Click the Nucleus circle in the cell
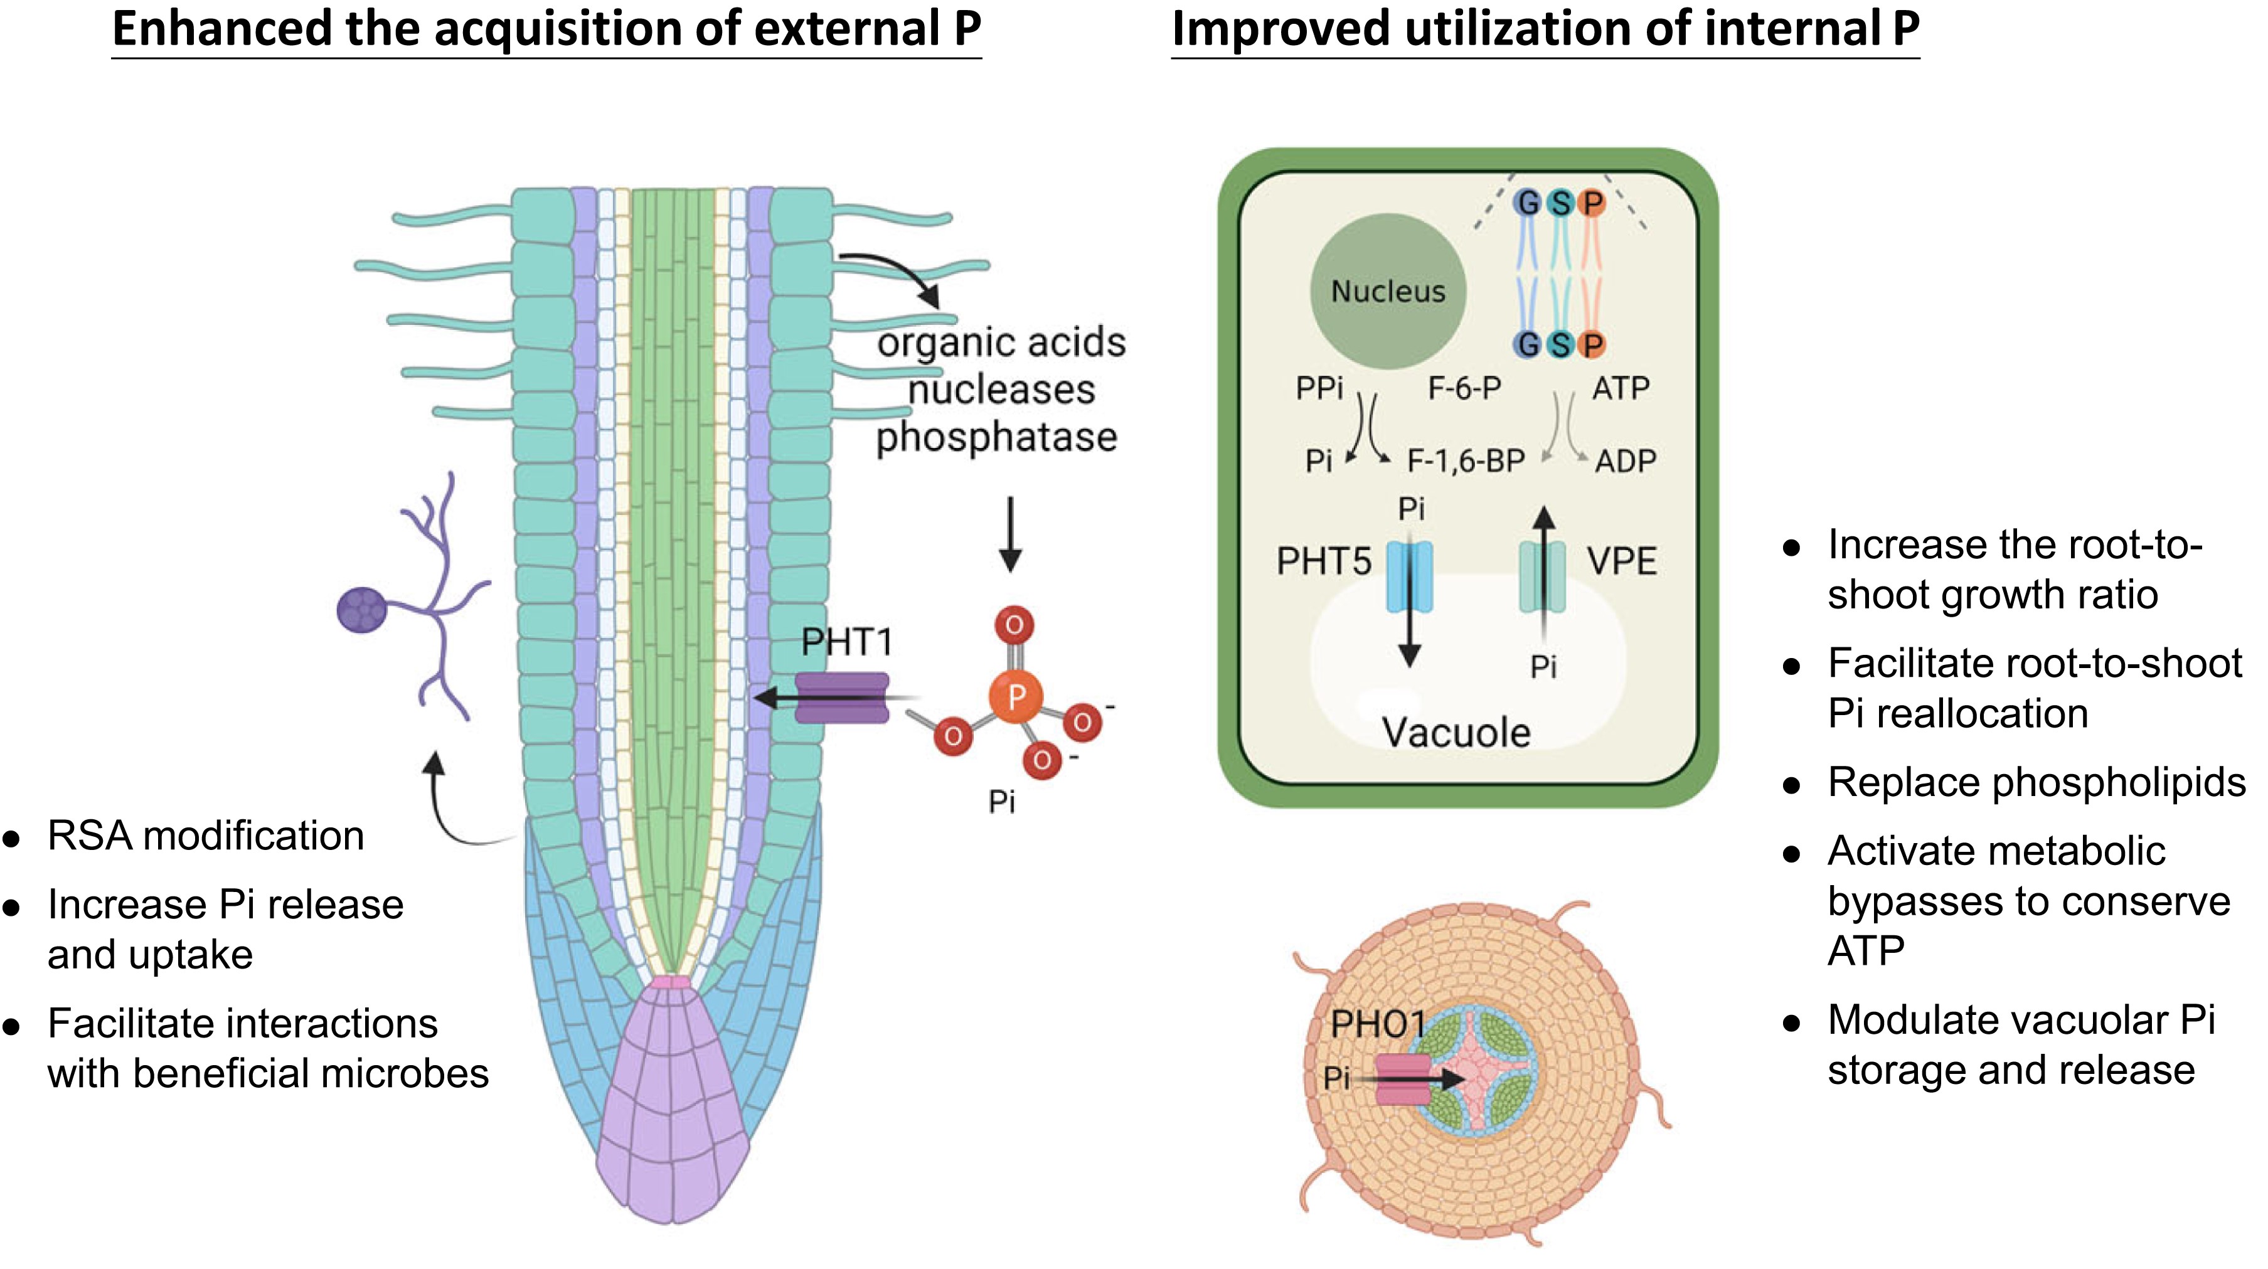pos(1388,291)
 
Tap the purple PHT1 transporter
pos(842,698)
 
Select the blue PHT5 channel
pos(1410,577)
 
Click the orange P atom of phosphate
pos(1015,697)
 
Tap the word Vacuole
pos(1456,732)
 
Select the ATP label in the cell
pos(1620,388)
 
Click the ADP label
pos(1626,460)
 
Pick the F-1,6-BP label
pos(1465,460)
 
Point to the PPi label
pos(1319,388)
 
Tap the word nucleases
pos(1001,390)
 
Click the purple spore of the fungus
pos(361,610)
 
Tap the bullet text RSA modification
pos(205,836)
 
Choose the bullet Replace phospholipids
pos(2036,782)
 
